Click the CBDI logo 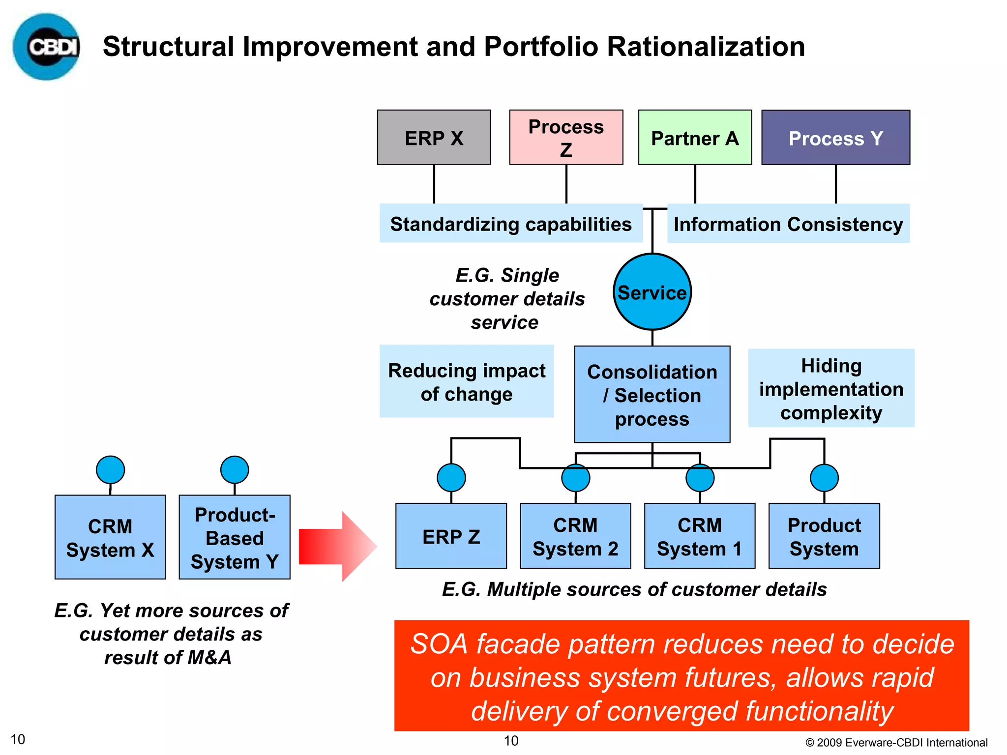pyautogui.click(x=46, y=47)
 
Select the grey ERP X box pyautogui.click(x=434, y=137)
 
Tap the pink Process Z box pyautogui.click(x=566, y=137)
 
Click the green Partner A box pyautogui.click(x=695, y=137)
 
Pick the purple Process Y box pyautogui.click(x=835, y=137)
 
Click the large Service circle pyautogui.click(x=652, y=292)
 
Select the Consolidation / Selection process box pyautogui.click(x=652, y=395)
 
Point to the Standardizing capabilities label pyautogui.click(x=510, y=224)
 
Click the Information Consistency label pyautogui.click(x=788, y=224)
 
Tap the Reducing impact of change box pyautogui.click(x=466, y=381)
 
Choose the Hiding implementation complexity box pyautogui.click(x=831, y=388)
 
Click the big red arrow pyautogui.click(x=337, y=546)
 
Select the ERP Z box pyautogui.click(x=451, y=536)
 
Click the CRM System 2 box pyautogui.click(x=575, y=536)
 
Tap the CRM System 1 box pyautogui.click(x=699, y=536)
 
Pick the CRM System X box pyautogui.click(x=110, y=537)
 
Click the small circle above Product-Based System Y pyautogui.click(x=235, y=469)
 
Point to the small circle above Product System pyautogui.click(x=824, y=477)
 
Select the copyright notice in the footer pyautogui.click(x=896, y=742)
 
